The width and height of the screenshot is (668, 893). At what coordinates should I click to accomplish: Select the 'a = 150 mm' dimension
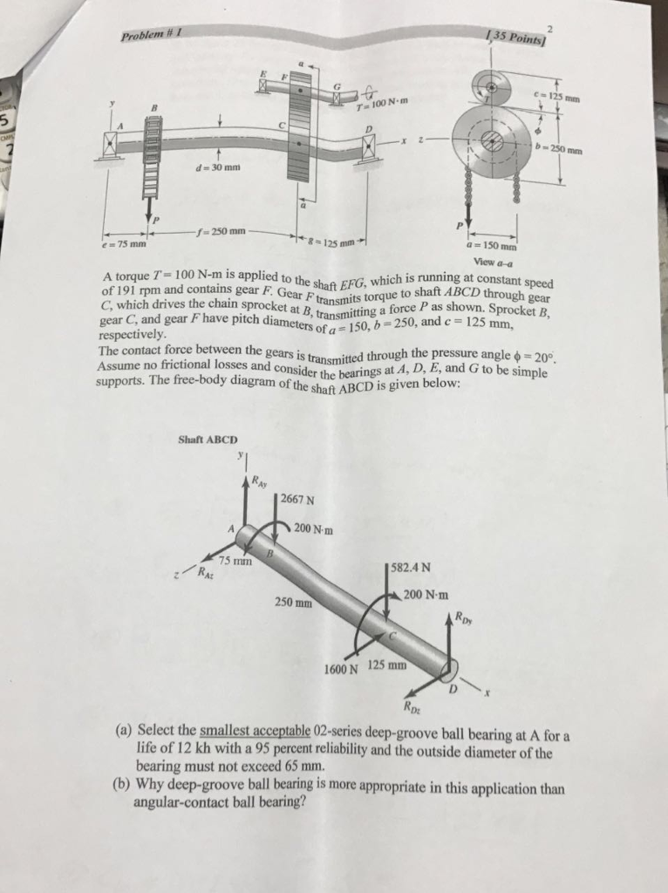tap(493, 246)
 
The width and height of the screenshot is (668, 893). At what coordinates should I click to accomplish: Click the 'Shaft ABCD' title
tap(207, 440)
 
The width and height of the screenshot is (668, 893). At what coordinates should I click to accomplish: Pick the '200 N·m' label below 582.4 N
tap(426, 595)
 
